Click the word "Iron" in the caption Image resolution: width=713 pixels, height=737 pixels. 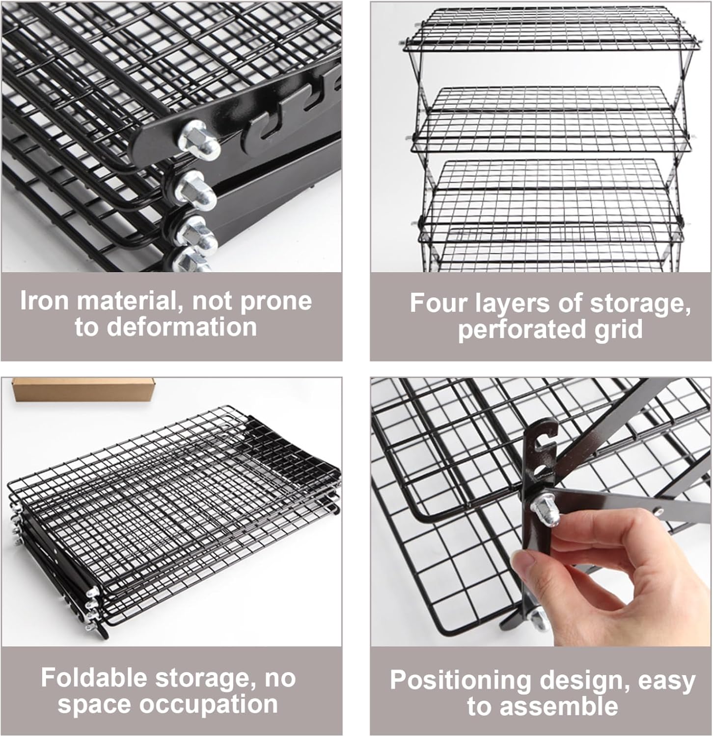point(43,301)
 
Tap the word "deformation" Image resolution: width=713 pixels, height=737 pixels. point(182,327)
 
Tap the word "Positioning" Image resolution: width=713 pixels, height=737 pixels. point(461,680)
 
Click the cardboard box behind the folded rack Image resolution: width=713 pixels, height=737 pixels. point(83,389)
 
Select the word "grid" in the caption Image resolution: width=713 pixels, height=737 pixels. point(618,329)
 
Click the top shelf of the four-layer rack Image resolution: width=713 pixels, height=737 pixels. point(550,27)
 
